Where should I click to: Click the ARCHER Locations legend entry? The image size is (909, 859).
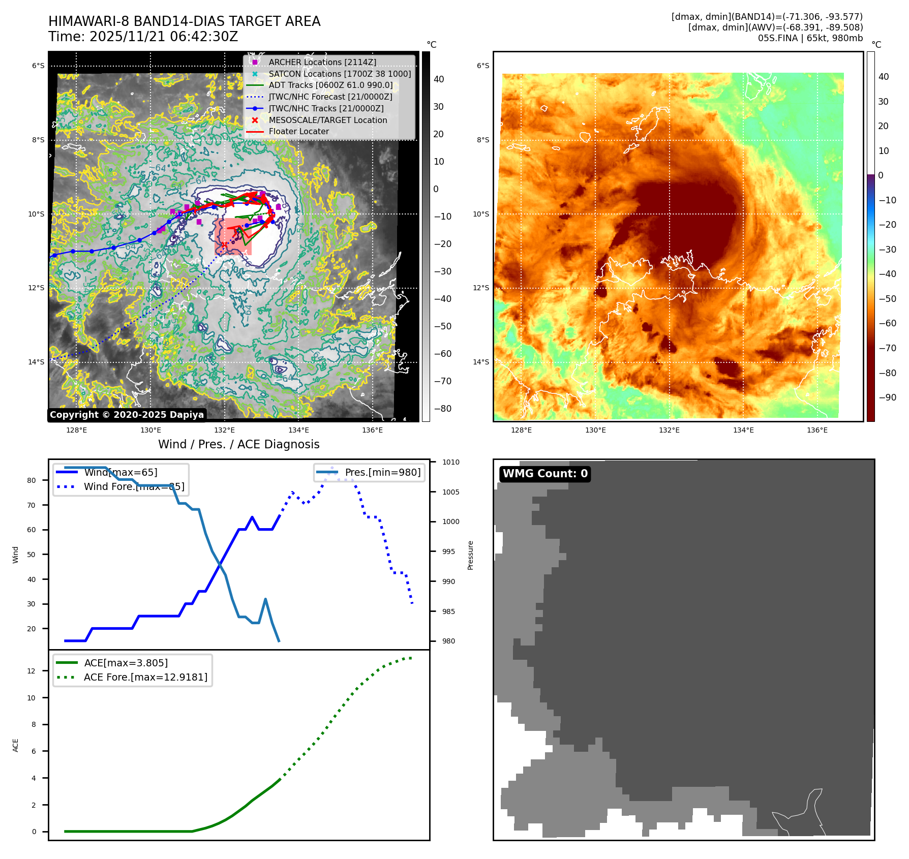point(322,62)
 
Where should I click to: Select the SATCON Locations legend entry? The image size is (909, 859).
point(340,74)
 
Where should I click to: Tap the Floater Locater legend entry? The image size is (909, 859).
point(298,131)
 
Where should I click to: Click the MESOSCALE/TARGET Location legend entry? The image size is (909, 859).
point(327,120)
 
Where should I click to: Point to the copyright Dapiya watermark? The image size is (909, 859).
point(127,415)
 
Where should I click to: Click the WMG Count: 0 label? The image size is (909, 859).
point(545,474)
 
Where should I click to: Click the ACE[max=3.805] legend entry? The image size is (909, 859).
point(126,663)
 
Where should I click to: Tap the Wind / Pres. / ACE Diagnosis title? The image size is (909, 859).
point(239,444)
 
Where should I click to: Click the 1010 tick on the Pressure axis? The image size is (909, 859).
point(450,462)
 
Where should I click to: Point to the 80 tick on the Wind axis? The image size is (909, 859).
point(32,480)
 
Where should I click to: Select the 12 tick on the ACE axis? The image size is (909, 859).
point(32,671)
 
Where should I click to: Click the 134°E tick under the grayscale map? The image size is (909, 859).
point(298,430)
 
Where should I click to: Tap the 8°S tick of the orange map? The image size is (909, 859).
point(483,140)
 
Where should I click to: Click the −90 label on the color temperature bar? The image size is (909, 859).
point(888,397)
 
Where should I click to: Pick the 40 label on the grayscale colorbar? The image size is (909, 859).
point(439,79)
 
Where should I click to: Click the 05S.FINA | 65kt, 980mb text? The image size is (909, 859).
point(810,38)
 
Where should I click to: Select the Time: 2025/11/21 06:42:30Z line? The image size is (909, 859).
point(143,37)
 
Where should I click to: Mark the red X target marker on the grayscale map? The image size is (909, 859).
point(224,245)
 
